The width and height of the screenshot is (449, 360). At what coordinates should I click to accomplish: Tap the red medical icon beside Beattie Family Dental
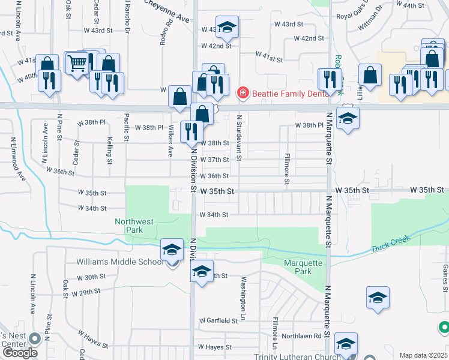tap(243, 92)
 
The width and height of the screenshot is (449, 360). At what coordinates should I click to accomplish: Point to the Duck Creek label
tap(391, 243)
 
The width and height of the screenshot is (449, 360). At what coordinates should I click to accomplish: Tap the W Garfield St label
tap(219, 321)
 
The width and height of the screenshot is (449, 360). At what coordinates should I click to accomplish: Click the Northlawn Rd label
tap(303, 336)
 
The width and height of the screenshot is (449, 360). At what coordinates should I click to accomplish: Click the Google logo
tap(20, 353)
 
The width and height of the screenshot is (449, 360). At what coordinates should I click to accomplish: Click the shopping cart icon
tap(77, 62)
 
